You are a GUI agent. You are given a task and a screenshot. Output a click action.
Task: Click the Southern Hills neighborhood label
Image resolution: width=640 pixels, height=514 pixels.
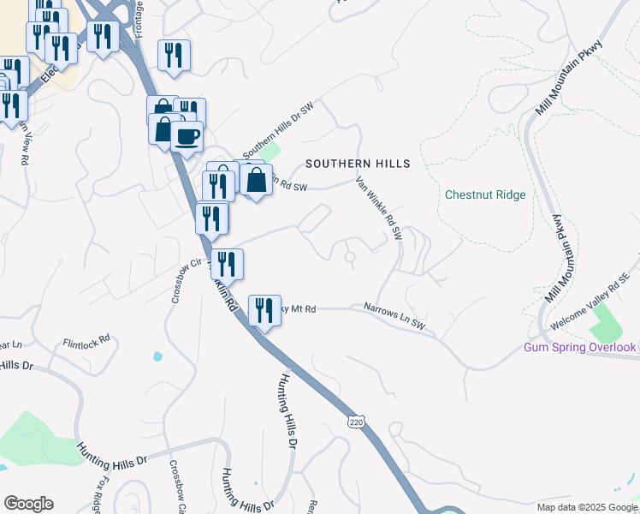coord(358,164)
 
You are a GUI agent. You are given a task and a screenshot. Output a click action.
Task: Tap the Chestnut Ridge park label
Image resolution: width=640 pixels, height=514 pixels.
coord(485,194)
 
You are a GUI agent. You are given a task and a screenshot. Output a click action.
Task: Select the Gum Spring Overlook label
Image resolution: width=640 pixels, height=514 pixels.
coord(580,347)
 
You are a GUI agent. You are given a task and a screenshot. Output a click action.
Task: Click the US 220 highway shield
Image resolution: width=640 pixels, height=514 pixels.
coord(357,421)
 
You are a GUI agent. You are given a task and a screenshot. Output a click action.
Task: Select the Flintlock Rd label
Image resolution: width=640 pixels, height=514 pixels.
coord(86,340)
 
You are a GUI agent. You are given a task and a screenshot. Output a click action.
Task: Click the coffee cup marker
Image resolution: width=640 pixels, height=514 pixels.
coord(187,135)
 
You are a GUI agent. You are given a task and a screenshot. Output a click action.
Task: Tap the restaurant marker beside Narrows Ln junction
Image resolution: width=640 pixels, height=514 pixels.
coord(264,309)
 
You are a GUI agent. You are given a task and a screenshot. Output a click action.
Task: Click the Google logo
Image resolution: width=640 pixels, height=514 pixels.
coord(28,504)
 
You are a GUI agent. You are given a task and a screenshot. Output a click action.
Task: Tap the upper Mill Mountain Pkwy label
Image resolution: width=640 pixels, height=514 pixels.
coord(567,76)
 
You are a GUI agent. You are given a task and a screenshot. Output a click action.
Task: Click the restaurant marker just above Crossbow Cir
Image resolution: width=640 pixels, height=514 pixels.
coord(212,218)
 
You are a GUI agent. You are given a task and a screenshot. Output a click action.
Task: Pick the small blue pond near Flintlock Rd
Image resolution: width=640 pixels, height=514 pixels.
coord(157,356)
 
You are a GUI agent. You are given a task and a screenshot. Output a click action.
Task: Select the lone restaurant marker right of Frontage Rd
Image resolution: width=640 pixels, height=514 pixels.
coord(174,56)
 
